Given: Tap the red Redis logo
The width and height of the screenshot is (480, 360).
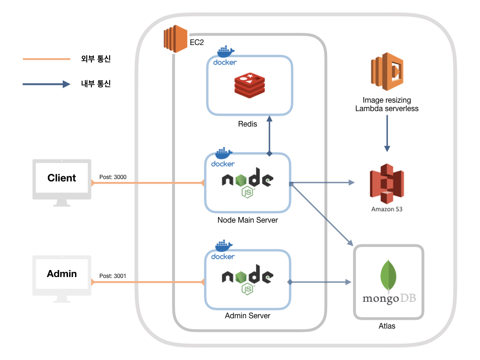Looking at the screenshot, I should click(250, 85).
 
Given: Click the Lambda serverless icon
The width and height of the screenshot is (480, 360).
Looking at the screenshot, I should click(387, 72).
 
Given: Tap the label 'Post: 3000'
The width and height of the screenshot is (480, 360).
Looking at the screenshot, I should click(113, 177).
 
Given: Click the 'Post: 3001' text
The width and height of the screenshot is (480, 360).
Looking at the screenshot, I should click(113, 276).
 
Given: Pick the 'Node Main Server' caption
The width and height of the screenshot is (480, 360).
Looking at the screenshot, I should click(247, 220).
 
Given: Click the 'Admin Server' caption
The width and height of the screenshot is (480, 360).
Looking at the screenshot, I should click(247, 316).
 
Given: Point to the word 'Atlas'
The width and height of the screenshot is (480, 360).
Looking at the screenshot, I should click(387, 326).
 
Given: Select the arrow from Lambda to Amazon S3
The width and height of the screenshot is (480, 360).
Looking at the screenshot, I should click(387, 133).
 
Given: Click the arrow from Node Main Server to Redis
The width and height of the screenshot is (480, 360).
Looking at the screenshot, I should click(270, 136).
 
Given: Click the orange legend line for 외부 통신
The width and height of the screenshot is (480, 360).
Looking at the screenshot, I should click(46, 60).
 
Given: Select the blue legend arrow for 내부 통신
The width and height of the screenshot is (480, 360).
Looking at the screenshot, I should click(46, 84).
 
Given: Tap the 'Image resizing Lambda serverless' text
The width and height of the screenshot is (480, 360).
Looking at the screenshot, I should click(387, 104).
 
